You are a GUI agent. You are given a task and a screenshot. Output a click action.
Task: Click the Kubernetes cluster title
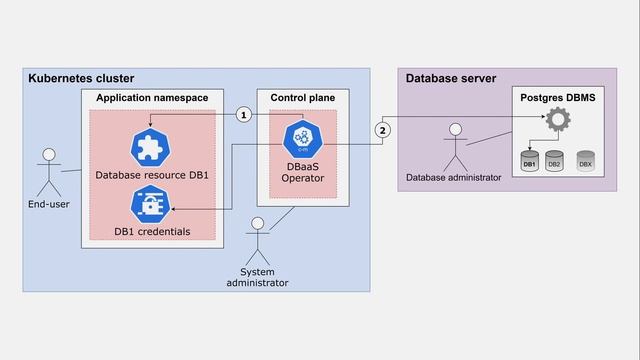pos(81,78)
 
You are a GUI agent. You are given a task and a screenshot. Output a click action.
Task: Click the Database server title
pos(450,78)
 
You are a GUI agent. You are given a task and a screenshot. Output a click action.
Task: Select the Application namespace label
pos(152,98)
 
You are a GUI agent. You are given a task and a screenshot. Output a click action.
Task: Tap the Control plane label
pos(302,98)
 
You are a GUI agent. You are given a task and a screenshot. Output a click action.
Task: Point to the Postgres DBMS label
pos(557,98)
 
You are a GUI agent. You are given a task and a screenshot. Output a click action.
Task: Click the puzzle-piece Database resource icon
pos(151,146)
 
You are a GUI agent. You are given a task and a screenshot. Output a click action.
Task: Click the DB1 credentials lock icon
pos(151,206)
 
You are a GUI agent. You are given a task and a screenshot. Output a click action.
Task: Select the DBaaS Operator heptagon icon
pos(301,137)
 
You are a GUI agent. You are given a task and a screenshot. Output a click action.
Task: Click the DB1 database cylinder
pos(530,161)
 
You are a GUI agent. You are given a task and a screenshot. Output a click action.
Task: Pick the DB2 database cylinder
pos(554,161)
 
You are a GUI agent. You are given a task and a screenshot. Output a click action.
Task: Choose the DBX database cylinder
pos(585,161)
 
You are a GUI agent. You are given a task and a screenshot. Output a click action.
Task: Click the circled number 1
pos(243,115)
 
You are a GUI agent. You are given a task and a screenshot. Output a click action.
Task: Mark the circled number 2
pos(382,130)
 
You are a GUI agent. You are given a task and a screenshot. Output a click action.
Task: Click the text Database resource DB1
pos(152,175)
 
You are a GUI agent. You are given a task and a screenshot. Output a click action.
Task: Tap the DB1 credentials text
pos(152,232)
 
